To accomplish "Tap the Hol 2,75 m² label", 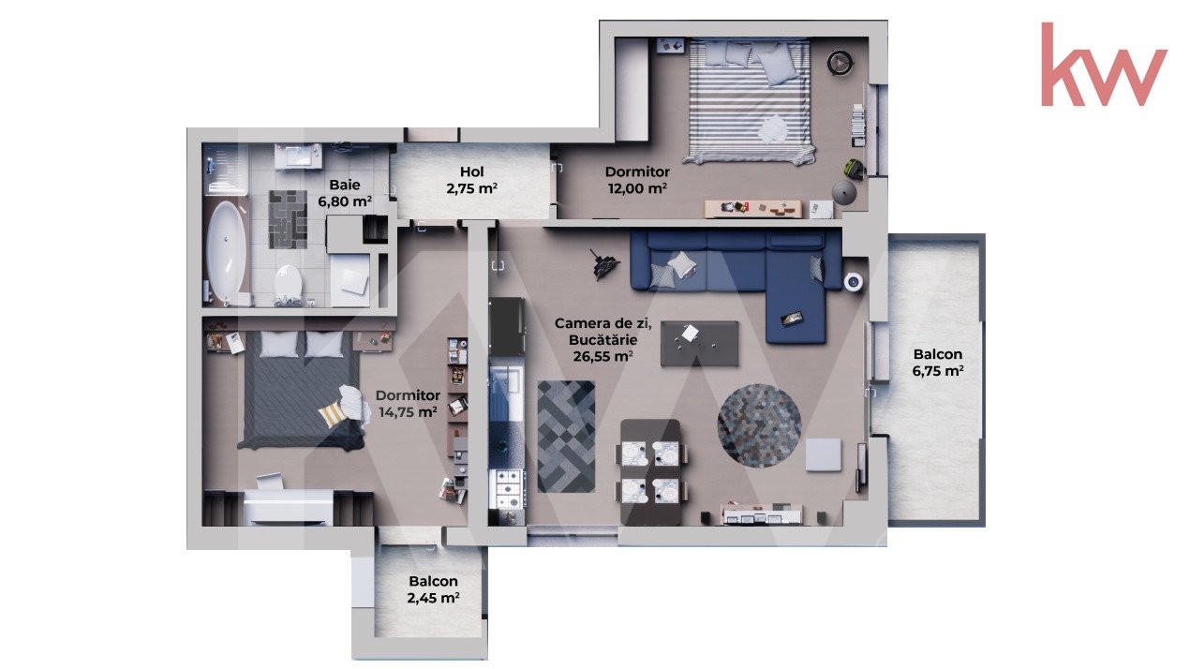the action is [x=471, y=180].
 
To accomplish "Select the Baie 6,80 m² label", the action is [x=345, y=193].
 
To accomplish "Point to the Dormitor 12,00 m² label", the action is [x=637, y=180].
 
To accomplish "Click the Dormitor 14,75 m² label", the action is [x=408, y=403].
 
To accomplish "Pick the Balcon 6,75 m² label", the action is [x=938, y=363].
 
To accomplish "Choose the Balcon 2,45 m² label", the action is [x=433, y=589].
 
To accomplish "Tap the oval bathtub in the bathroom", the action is [x=227, y=251].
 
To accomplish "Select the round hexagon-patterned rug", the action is [x=759, y=425].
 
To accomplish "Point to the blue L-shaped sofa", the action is [x=736, y=276].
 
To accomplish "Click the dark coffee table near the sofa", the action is [x=699, y=343].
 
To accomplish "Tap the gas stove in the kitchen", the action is [x=507, y=489].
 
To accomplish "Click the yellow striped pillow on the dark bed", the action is [x=332, y=415].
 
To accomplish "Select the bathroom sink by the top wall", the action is [x=298, y=156].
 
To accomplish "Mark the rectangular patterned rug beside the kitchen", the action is [x=566, y=437].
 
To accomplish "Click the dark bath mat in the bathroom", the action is [x=288, y=219].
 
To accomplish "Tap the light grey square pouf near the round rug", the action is [x=824, y=454].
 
